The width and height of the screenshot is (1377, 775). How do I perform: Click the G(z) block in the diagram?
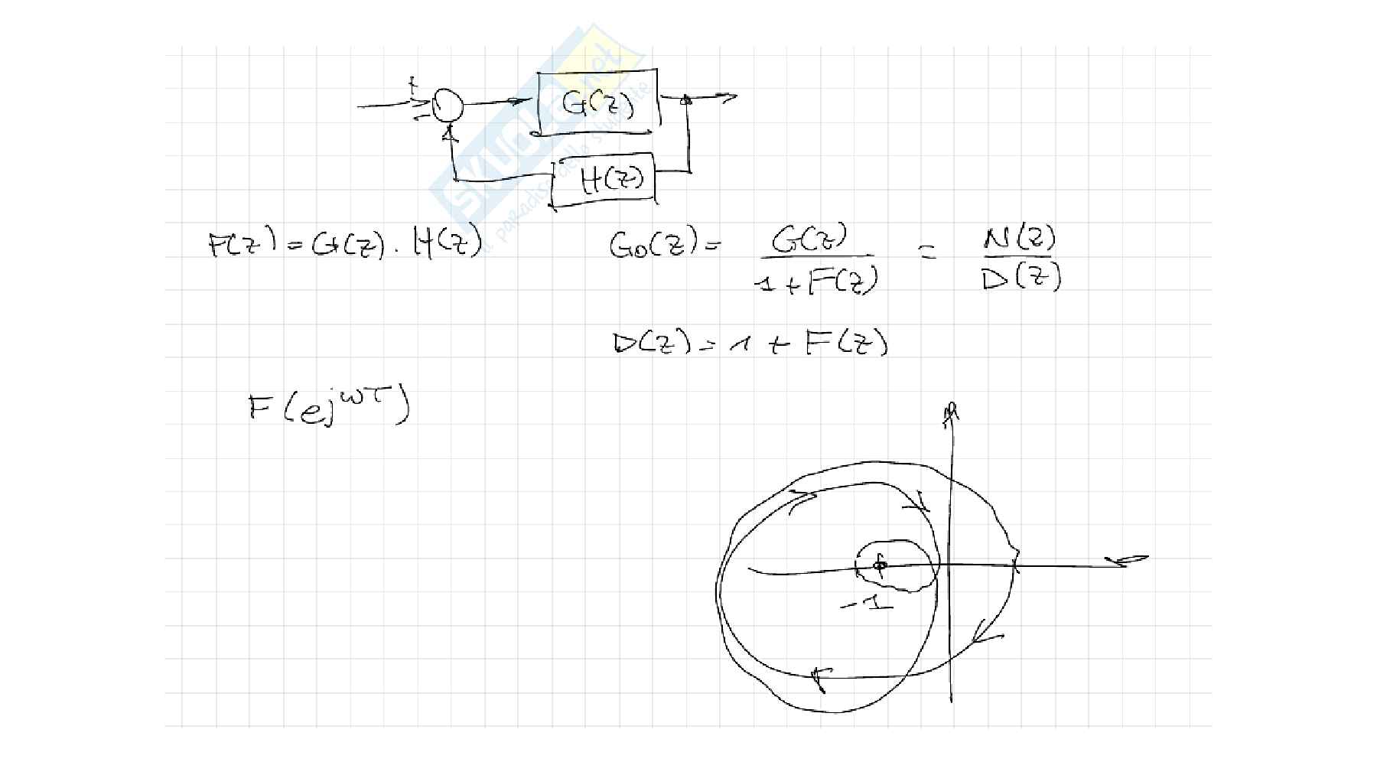(x=598, y=103)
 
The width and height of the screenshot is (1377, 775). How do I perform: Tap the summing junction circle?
(x=448, y=105)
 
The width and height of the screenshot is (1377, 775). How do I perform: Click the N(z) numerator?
(x=1019, y=241)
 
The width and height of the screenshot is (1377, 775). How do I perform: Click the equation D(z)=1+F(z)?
(x=750, y=344)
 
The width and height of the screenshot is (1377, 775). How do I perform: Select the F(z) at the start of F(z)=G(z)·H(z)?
(x=242, y=245)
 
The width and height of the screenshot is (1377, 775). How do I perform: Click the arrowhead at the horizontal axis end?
(x=1134, y=562)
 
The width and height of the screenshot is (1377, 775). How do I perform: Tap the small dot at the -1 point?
(x=880, y=565)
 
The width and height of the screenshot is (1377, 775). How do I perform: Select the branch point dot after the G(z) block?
(x=687, y=99)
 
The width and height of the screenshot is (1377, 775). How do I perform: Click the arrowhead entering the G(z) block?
(x=520, y=101)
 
